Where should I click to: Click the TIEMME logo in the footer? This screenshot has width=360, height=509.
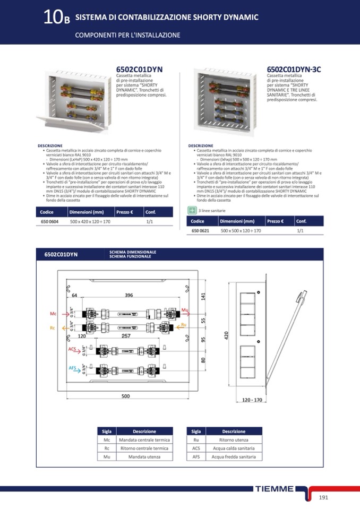point(273,489)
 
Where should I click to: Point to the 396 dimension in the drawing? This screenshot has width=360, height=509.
point(129,295)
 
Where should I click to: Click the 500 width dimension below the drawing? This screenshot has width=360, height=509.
point(125,396)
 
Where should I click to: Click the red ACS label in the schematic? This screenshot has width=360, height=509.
point(73,349)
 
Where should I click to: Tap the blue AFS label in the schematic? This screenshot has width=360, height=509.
point(73,368)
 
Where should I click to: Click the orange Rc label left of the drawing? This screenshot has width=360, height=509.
point(53,328)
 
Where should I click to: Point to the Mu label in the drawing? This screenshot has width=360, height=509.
point(184,310)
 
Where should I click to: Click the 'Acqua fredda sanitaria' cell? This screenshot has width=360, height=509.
point(234,456)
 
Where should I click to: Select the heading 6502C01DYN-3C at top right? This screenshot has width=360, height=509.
point(294,70)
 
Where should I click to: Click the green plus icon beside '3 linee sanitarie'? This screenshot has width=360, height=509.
point(192,211)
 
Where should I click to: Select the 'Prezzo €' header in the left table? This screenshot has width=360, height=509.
point(124,212)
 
